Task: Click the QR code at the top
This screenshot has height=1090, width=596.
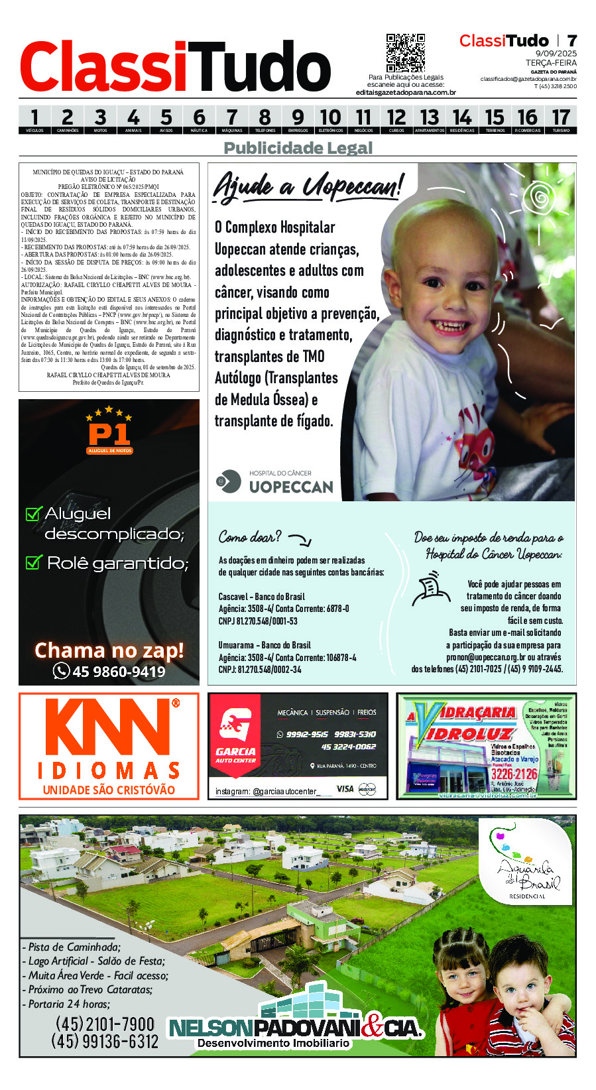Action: point(405,53)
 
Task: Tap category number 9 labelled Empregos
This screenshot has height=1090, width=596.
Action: point(298,119)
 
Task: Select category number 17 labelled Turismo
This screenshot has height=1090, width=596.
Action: point(561,119)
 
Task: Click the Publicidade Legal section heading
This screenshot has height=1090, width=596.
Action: point(298,148)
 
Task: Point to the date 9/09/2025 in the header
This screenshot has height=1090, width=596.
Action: point(556,54)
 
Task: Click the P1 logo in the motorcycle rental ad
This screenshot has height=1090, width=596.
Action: point(109,435)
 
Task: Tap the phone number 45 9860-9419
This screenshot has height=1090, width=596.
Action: point(110,672)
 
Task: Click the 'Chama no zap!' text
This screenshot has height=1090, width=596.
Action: point(109,650)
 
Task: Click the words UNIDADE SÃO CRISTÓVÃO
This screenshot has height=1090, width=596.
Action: point(109,790)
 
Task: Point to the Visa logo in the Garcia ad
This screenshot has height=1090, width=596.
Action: point(345,788)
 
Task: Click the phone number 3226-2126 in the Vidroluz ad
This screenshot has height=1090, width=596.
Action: point(514,774)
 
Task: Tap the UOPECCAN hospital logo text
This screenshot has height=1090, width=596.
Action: point(290,487)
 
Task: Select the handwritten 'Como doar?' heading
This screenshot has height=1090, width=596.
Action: point(250,536)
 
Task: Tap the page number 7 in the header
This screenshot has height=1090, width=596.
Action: point(571,41)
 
